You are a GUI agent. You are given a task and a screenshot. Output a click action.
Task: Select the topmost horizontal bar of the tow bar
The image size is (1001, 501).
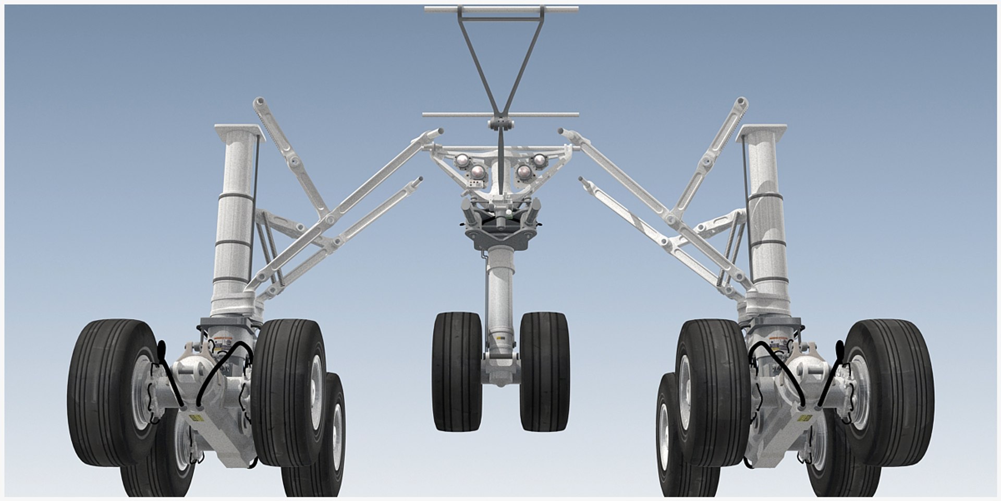(x=501, y=9)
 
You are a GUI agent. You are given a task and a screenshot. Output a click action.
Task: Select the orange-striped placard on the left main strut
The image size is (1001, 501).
(x=225, y=340)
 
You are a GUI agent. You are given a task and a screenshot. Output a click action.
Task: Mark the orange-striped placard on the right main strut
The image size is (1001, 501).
(x=776, y=340)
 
